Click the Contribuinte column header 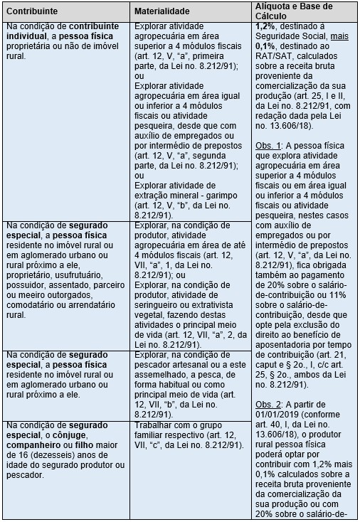pos(28,12)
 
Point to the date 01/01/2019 pos(278,414)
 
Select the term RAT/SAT pos(271,55)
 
